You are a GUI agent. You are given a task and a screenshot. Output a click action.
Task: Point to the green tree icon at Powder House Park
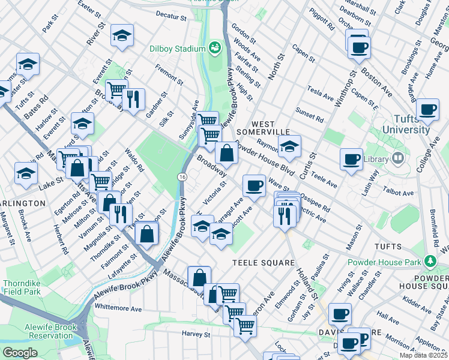click(430, 261)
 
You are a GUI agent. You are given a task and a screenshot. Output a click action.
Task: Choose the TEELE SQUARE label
click(264, 263)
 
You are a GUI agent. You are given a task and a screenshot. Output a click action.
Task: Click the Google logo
click(20, 352)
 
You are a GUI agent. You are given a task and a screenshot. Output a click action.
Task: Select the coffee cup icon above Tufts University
click(427, 110)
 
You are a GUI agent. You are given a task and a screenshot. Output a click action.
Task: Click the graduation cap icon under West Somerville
click(289, 146)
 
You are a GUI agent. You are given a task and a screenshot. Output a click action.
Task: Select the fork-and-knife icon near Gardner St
click(133, 98)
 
